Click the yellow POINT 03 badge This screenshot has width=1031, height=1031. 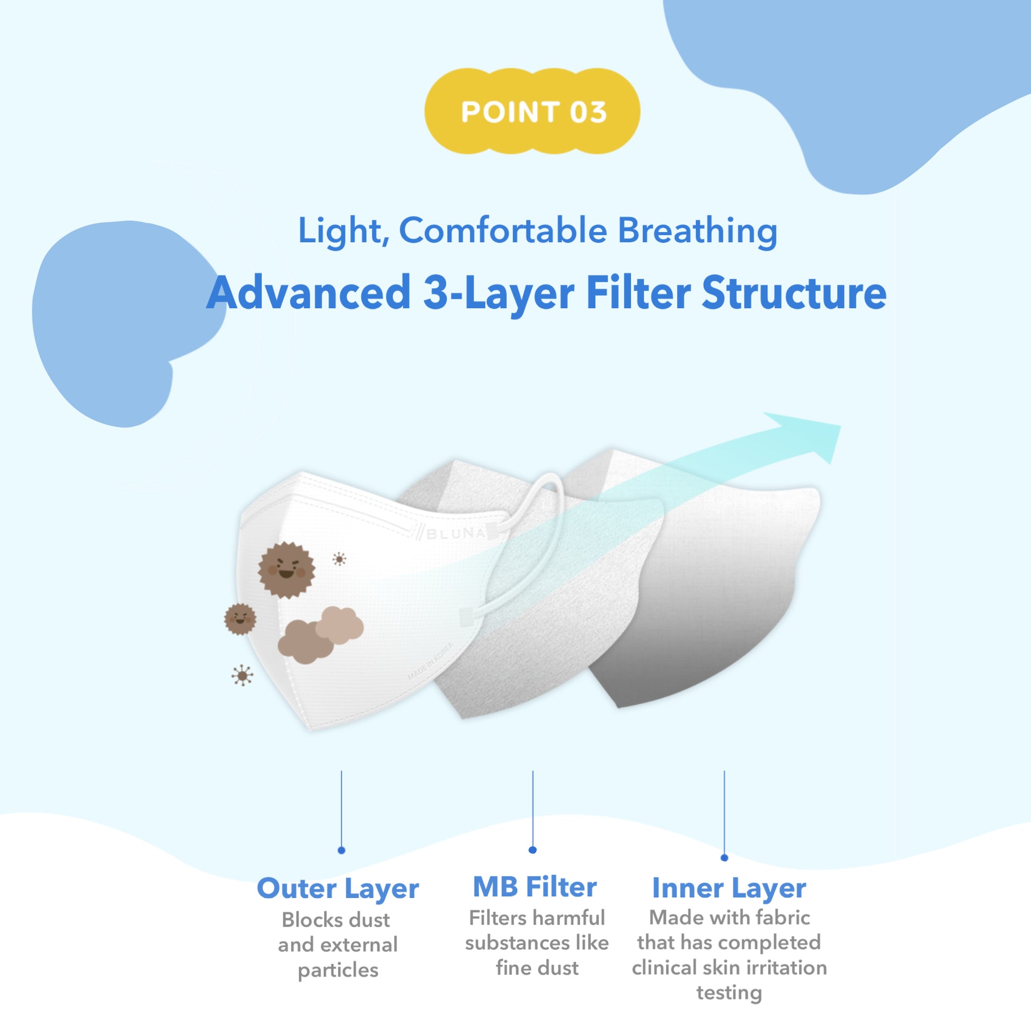click(532, 112)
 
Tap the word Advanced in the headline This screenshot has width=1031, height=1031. click(308, 293)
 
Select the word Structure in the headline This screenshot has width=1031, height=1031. click(794, 293)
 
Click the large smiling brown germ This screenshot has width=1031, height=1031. click(287, 570)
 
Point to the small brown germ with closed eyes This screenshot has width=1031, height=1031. click(240, 619)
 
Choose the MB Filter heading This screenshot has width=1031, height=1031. click(535, 887)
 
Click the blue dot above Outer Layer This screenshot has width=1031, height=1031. click(342, 850)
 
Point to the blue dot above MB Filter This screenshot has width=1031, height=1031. click(532, 850)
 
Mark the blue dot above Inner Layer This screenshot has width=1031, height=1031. click(724, 858)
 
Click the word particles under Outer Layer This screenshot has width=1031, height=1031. click(338, 971)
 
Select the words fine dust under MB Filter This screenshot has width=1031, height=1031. click(537, 967)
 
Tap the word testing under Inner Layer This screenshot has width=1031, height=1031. click(729, 992)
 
